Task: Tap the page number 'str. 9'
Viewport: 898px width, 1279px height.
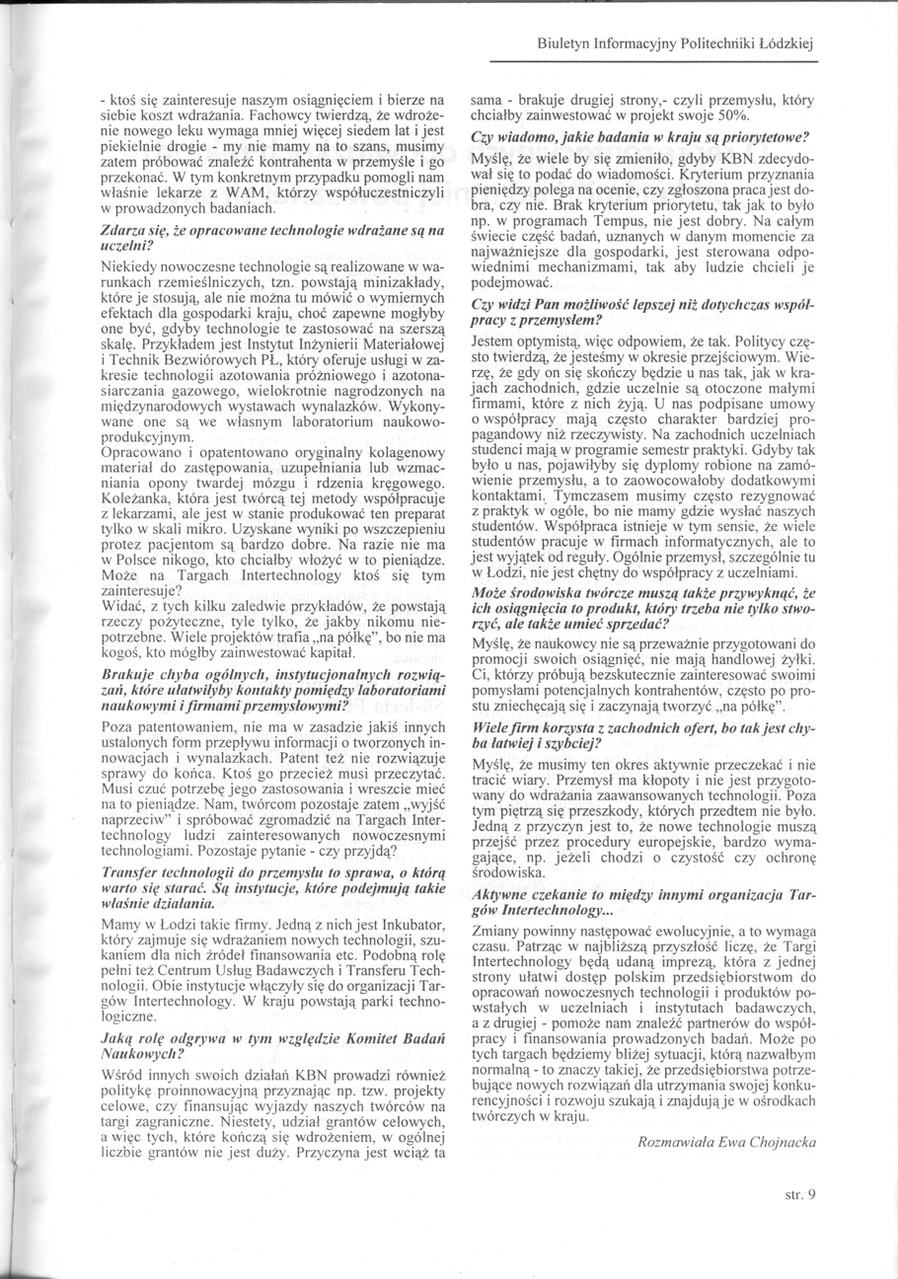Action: point(800,1194)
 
